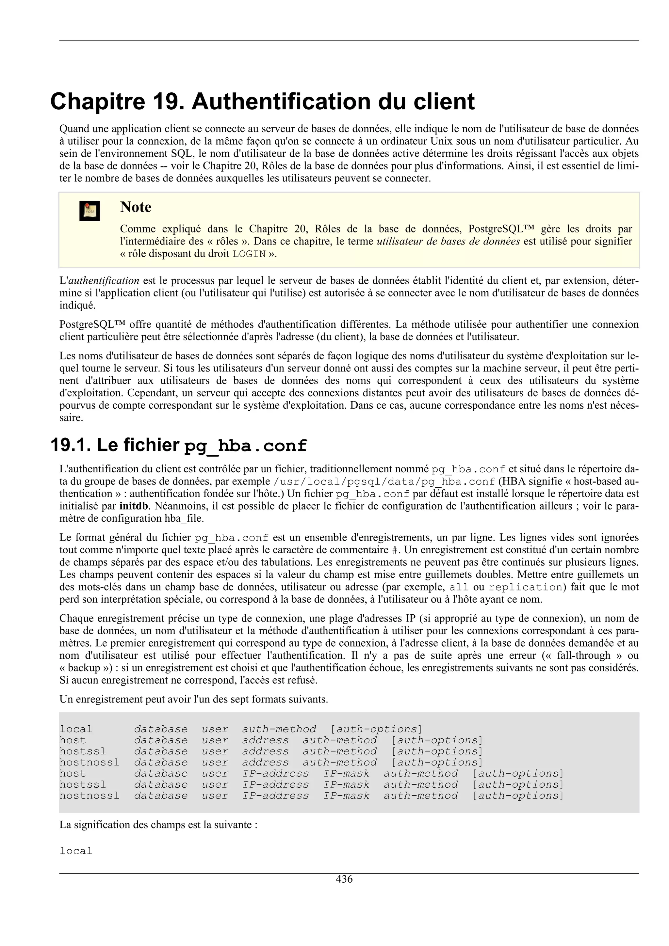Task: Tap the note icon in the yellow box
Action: (x=90, y=211)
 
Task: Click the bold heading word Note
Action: (x=136, y=207)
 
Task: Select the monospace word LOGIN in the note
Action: (x=249, y=254)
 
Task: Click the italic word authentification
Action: (x=104, y=281)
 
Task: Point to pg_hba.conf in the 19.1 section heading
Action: (x=246, y=446)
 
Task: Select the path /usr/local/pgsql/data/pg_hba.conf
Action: (x=384, y=482)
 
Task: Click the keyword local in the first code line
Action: (x=76, y=729)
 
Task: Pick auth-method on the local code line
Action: (x=279, y=729)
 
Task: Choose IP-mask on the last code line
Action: (x=346, y=796)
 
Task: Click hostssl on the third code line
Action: (x=82, y=751)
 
